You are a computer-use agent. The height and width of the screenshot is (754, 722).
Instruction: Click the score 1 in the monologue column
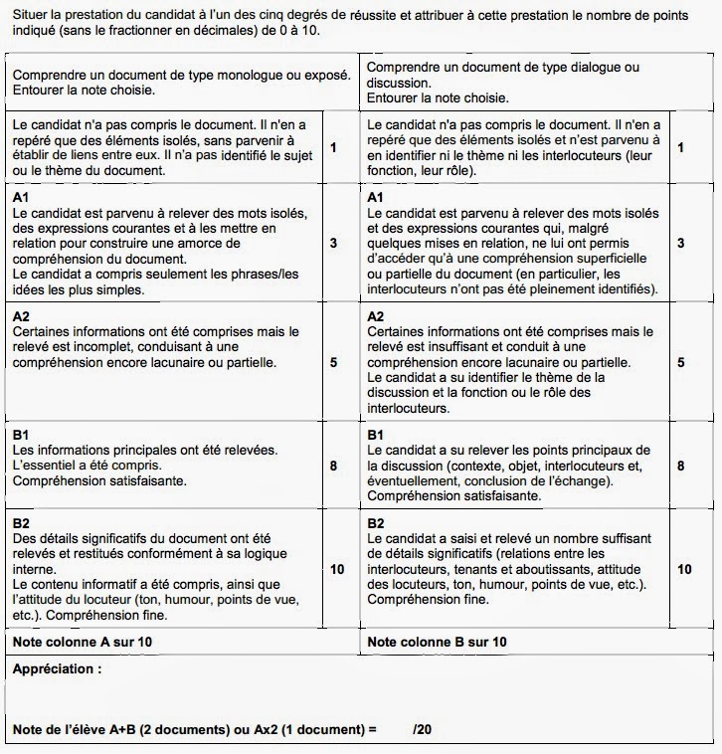[x=333, y=147]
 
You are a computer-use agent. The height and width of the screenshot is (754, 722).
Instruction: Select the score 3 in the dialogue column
[x=680, y=243]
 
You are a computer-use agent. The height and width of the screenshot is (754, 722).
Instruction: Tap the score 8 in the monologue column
[x=333, y=465]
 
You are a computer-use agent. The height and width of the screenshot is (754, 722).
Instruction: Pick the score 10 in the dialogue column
[x=683, y=569]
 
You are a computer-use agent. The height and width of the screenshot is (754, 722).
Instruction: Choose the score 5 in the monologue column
[x=333, y=362]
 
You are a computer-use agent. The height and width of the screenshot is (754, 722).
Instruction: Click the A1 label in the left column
[x=21, y=198]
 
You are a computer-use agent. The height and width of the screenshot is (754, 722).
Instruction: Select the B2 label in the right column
[x=377, y=522]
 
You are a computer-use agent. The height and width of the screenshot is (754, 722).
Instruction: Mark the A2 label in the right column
[x=377, y=315]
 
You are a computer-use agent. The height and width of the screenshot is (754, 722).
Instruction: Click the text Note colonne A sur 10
[x=83, y=642]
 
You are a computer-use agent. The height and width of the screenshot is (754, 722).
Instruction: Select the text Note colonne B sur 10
[x=437, y=642]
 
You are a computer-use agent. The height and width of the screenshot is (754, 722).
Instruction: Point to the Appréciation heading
[x=57, y=669]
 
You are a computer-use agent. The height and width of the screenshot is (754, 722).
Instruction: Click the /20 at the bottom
[x=424, y=729]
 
